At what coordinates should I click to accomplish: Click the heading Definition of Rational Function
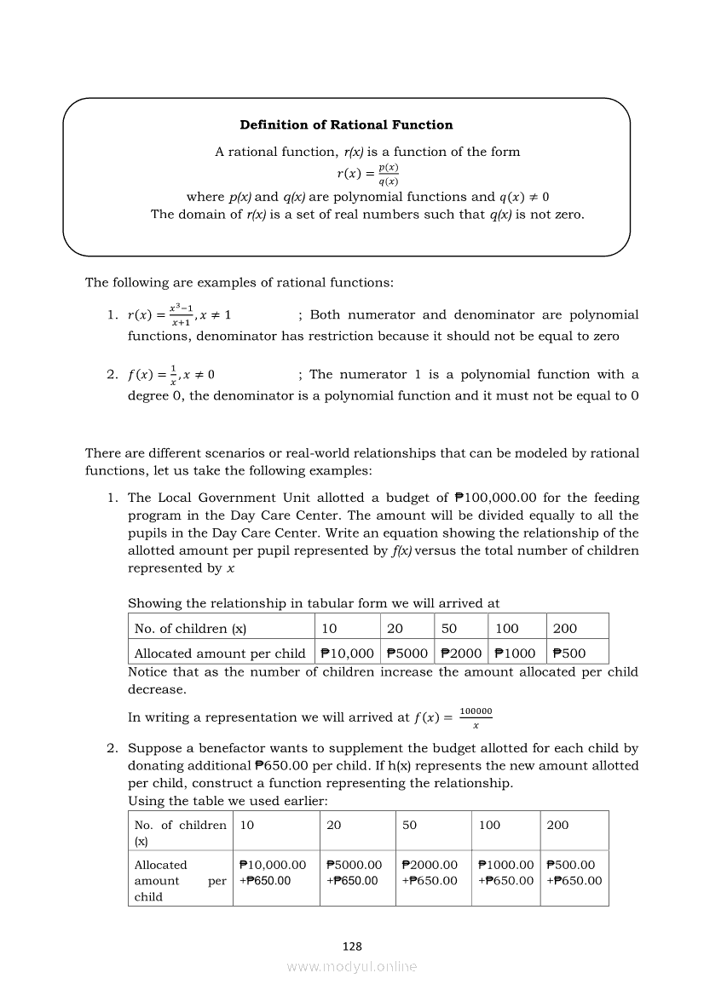[346, 125]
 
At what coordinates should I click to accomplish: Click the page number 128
[352, 947]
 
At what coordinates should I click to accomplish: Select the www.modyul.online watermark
[352, 967]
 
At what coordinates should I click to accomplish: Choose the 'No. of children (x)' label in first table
[190, 629]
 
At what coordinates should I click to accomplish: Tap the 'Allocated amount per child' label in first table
[220, 653]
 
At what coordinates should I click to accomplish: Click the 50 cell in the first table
[449, 629]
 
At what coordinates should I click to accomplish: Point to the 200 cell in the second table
[558, 825]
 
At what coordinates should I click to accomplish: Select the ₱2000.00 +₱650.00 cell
[430, 872]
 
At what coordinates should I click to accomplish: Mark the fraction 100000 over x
[476, 717]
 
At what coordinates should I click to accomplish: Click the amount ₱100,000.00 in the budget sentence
[505, 498]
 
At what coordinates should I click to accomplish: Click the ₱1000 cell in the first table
[515, 653]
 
